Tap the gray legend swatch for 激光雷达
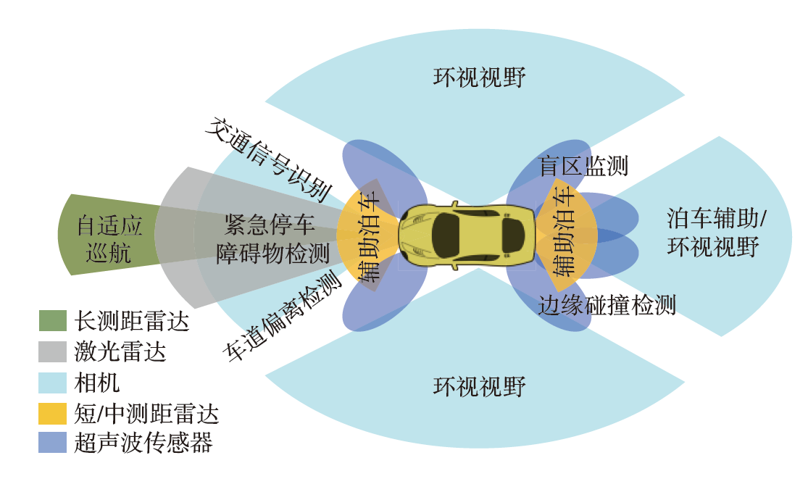(52, 352)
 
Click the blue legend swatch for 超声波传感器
(52, 443)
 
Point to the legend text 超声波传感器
(143, 443)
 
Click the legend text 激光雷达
(120, 352)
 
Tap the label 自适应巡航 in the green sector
(109, 239)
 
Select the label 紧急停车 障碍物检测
(272, 239)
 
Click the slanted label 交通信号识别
(268, 159)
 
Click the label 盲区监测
(583, 166)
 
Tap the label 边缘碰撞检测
(607, 305)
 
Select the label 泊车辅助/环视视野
(716, 232)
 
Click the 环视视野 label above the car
(479, 77)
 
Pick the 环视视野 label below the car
(479, 386)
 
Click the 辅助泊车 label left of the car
(370, 236)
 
